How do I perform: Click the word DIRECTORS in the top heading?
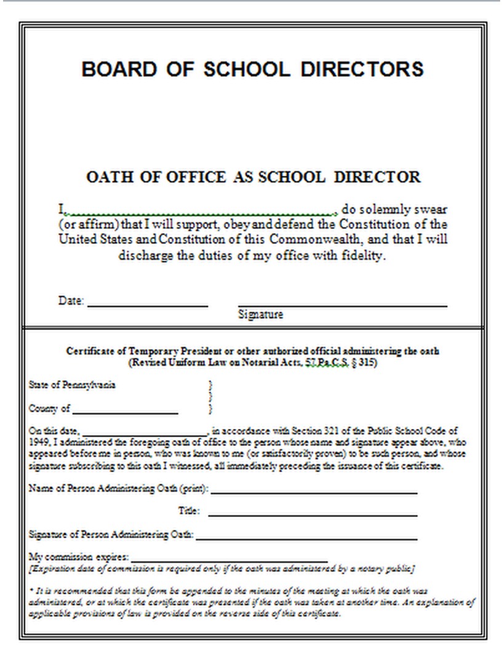point(362,68)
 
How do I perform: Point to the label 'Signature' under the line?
point(260,315)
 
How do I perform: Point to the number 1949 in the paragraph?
point(38,442)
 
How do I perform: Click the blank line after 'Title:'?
point(313,514)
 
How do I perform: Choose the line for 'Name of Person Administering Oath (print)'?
point(314,492)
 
